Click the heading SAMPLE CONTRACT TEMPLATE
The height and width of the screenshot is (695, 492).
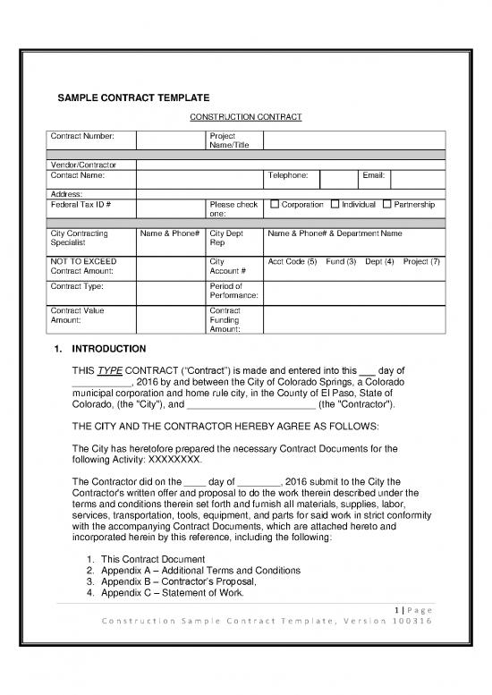point(133,97)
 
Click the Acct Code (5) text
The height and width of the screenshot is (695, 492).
point(293,261)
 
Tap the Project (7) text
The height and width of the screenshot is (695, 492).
point(421,261)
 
